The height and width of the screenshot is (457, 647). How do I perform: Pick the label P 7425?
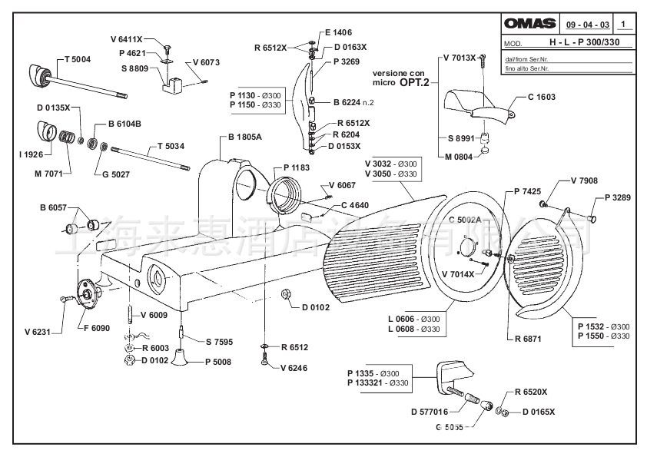tap(529, 190)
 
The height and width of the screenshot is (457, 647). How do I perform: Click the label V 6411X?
tap(127, 38)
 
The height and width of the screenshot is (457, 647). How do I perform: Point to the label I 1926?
tap(31, 154)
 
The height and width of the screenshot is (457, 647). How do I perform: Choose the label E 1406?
tap(337, 32)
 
